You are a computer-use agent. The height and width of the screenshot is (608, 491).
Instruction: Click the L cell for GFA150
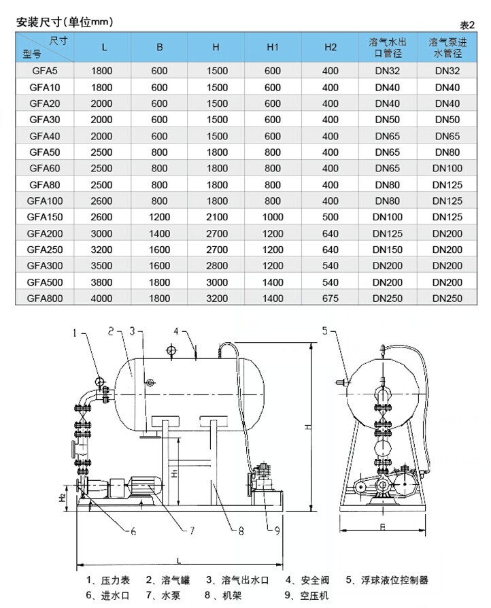pos(101,217)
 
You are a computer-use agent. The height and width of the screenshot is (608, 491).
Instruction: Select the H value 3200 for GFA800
pos(217,299)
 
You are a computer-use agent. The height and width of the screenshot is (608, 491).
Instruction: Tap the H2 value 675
pos(331,299)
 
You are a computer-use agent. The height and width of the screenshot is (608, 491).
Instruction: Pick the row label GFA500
pos(45,282)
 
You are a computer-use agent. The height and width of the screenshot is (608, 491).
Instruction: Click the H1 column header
pos(273,48)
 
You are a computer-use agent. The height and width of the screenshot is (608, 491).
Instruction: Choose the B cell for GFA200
pos(159,234)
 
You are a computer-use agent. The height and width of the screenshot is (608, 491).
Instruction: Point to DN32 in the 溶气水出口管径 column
pos(388,71)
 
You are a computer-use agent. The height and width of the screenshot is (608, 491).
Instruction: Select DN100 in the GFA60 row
pos(447,168)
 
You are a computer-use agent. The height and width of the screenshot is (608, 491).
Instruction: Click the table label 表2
pos(467,25)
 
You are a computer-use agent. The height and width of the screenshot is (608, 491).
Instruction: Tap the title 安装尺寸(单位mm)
pos(65,22)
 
